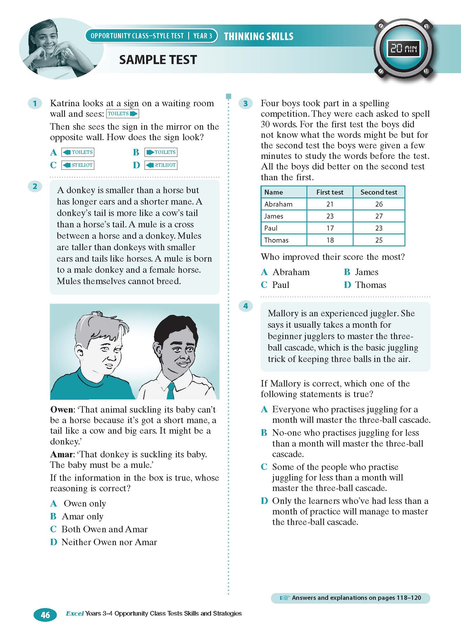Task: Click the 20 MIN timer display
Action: [403, 49]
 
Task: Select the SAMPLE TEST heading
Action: [158, 60]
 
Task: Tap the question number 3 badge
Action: [245, 103]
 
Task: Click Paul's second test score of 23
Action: [379, 228]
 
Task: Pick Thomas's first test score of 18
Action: [330, 240]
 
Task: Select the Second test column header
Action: [379, 192]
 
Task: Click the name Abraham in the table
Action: [278, 204]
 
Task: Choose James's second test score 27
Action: [379, 216]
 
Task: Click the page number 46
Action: [45, 615]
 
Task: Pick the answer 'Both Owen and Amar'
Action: [104, 529]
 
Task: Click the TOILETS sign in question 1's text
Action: [122, 114]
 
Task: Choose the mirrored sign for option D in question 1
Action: [161, 165]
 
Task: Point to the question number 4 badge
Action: [245, 306]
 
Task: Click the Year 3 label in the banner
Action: [203, 36]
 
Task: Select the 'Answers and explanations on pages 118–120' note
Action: [351, 598]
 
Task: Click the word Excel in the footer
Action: [75, 613]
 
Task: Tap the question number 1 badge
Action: [35, 103]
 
